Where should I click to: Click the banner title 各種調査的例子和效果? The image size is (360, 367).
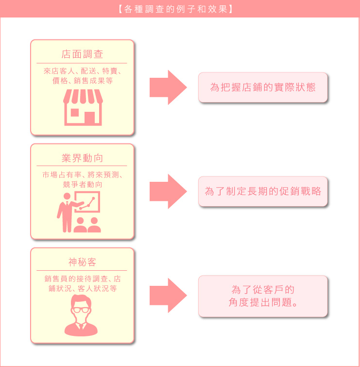pos(175,9)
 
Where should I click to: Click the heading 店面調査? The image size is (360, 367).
pos(82,54)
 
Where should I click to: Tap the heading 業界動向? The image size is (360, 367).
pos(82,158)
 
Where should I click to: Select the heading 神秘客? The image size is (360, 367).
pos(82,262)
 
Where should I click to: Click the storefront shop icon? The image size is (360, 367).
pos(83,107)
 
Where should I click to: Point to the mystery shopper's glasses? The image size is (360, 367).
pos(81,310)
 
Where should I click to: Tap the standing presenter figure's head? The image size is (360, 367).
pos(67,196)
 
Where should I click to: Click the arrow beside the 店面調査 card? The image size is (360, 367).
pos(168,87)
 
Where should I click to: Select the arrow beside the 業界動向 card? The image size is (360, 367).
pos(168,192)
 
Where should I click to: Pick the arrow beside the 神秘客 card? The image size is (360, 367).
pos(168,296)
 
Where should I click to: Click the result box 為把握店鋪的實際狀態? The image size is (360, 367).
pos(263,87)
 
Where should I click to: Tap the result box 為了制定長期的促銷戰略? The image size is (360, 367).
pos(263,192)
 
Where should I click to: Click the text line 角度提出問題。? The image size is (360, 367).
pos(263,302)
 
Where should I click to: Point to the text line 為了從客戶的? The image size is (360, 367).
pos(263,290)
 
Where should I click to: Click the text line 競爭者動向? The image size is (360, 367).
pos(82,184)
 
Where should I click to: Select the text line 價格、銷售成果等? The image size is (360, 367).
pos(82,81)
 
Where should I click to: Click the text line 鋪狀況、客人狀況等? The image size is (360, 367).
pos(82,288)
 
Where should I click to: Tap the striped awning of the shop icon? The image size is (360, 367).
pos(83,96)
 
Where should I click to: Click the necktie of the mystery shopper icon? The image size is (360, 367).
pos(81,326)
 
